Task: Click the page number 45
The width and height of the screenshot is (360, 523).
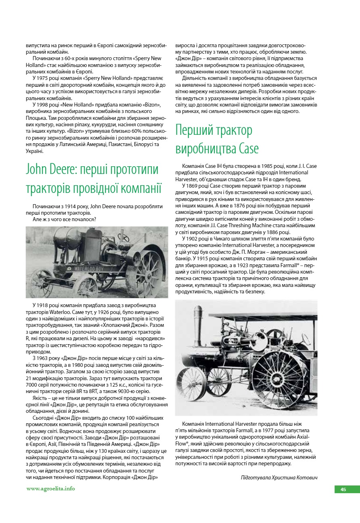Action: tap(343, 490)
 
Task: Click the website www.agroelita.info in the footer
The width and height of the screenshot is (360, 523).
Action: tap(51, 489)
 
